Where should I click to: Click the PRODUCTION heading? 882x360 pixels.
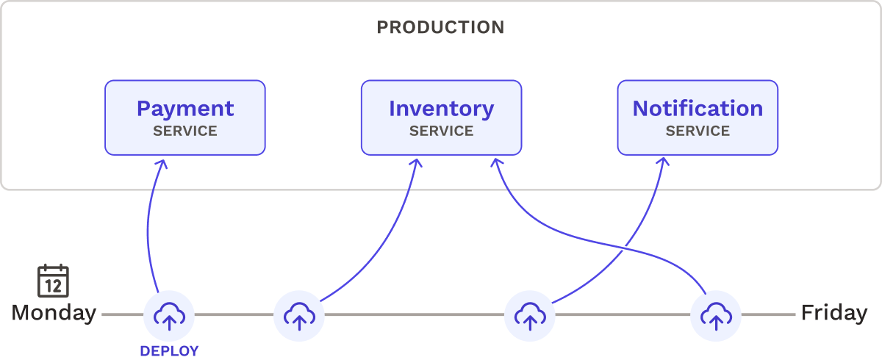(x=440, y=28)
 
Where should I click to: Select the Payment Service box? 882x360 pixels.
(x=184, y=118)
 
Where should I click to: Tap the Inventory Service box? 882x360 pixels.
(x=441, y=118)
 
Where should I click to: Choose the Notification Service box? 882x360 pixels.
(x=698, y=118)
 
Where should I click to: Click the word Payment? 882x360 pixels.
(x=184, y=109)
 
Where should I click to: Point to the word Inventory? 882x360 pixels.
(x=441, y=109)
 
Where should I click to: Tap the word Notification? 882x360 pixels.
(x=698, y=109)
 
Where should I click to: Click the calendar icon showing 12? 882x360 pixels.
(x=53, y=281)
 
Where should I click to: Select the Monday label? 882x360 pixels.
(x=54, y=314)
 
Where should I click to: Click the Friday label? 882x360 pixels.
(x=833, y=314)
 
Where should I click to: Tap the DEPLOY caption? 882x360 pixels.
(x=169, y=351)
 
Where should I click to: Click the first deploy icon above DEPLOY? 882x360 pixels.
(x=169, y=315)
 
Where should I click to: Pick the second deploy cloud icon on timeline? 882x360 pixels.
(x=298, y=315)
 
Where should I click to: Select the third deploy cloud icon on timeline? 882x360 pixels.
(x=529, y=315)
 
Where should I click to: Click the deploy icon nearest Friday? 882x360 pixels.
(x=715, y=315)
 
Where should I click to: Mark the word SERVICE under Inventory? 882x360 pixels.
(x=441, y=132)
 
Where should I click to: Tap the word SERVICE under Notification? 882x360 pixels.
(x=698, y=132)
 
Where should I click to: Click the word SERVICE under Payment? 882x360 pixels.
(x=184, y=132)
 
